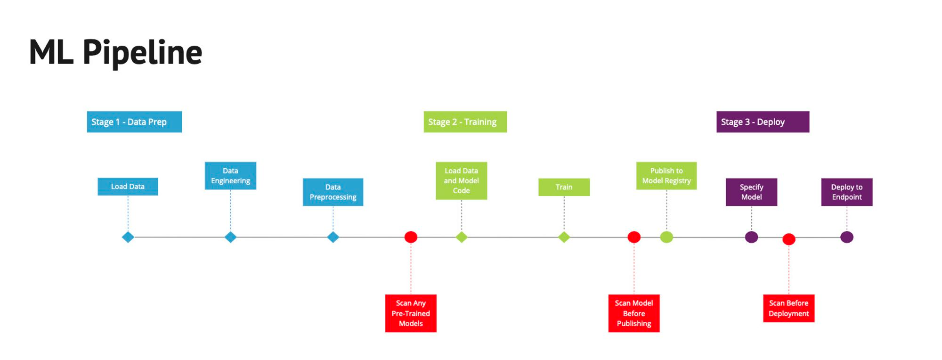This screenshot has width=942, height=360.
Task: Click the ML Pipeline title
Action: (115, 52)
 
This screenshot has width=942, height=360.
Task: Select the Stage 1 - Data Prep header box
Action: (134, 122)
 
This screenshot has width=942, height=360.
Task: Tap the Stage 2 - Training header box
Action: (465, 122)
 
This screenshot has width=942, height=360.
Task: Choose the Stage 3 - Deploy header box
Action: (763, 122)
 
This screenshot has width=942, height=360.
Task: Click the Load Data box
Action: (128, 187)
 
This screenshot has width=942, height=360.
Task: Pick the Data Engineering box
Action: (230, 176)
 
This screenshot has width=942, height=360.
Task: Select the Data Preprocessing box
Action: (333, 192)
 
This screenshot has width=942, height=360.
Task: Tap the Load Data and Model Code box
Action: (461, 180)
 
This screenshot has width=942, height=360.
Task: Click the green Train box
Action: (564, 187)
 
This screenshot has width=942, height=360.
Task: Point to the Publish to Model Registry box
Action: (666, 176)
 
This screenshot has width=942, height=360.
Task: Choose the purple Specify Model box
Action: (751, 192)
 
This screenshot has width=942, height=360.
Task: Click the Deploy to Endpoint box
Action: (846, 192)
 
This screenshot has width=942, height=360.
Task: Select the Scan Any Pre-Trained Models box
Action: (411, 313)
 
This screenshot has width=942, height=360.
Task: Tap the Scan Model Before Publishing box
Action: (633, 313)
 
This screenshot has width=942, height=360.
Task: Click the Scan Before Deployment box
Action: (788, 308)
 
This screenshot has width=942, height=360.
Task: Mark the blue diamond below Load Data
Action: (128, 237)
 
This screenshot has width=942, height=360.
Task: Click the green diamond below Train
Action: (564, 237)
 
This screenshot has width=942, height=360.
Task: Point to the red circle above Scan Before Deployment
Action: (788, 239)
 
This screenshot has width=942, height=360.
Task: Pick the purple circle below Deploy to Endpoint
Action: (846, 237)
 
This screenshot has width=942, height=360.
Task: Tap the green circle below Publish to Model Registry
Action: (666, 237)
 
